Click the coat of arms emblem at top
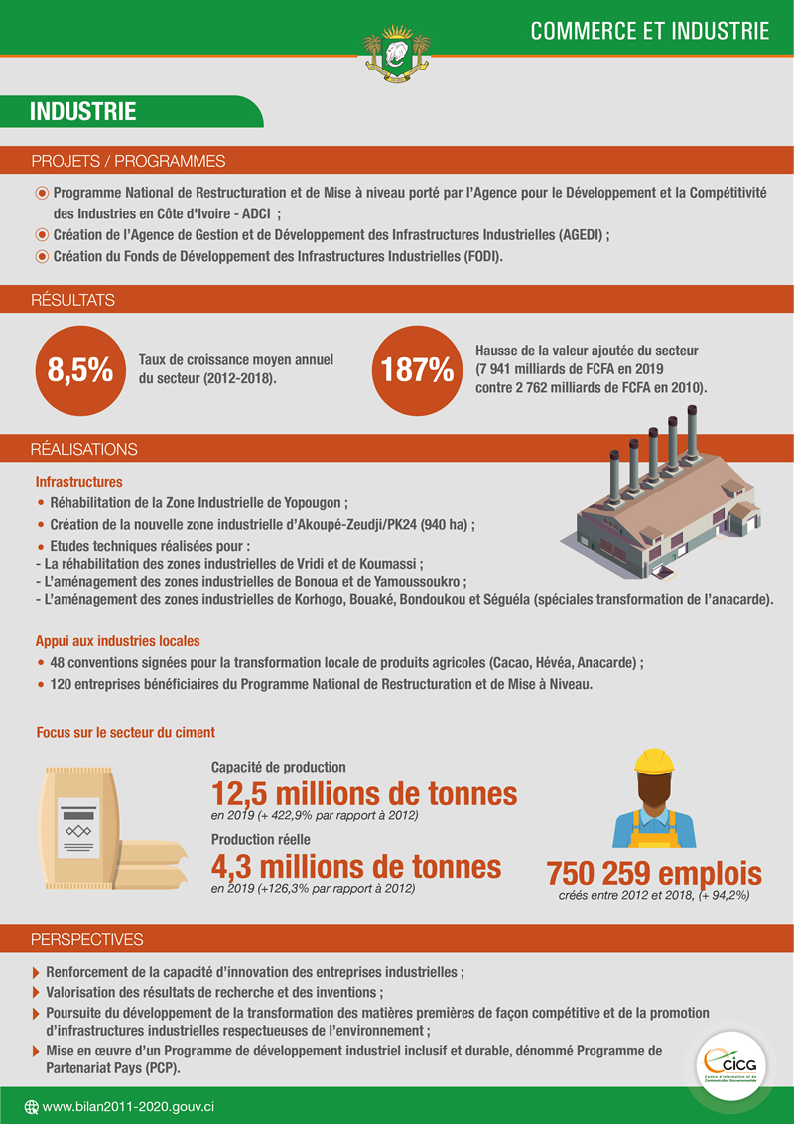coord(397,57)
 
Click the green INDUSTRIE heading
coord(83,112)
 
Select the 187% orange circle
coord(415,368)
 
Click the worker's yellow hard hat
coord(654,761)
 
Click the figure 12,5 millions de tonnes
coord(364,794)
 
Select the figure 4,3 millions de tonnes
coord(356,866)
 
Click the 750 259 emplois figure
coord(654,874)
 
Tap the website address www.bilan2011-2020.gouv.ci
coord(130,1106)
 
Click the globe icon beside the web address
coord(31,1106)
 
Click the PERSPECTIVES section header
coord(87,939)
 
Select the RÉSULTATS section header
coord(72,300)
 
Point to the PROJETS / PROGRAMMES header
coord(128,161)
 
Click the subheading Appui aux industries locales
coord(118,641)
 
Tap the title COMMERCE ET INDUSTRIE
coord(649,31)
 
